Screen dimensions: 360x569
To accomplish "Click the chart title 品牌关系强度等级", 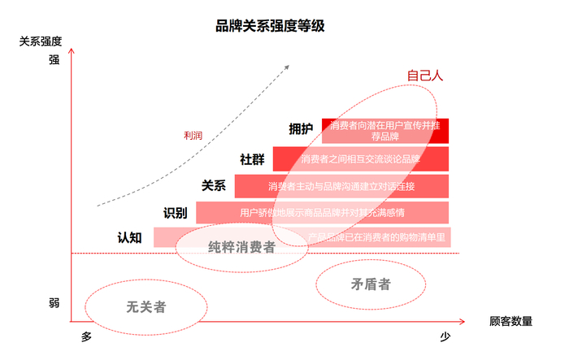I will coord(270,26).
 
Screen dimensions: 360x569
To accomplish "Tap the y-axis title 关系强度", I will coord(41,41).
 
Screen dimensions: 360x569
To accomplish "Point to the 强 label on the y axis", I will coord(54,59).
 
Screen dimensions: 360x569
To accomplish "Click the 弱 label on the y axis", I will coord(54,303).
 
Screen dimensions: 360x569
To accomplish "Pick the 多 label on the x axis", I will coord(86,336).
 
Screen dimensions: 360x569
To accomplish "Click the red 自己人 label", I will coord(424,76).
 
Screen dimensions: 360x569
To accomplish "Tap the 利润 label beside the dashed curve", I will coord(193,136).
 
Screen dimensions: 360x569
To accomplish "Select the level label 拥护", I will coord(301,129).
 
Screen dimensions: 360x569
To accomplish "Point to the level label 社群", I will coord(252,159).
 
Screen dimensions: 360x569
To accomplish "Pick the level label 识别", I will coord(176,213).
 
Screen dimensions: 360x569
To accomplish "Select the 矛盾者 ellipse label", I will coord(370,284).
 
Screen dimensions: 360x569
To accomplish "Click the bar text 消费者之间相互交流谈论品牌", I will coord(360,159).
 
